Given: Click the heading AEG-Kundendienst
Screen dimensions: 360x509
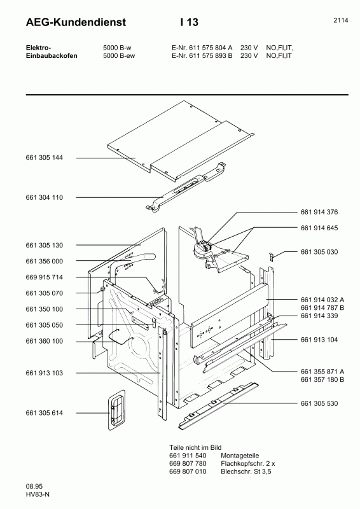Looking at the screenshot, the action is click(76, 22).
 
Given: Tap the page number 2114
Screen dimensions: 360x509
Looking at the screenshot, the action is click(340, 20).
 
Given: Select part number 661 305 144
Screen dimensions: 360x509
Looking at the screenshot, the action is click(44, 158).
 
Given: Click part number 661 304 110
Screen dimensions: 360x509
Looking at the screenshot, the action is click(44, 197).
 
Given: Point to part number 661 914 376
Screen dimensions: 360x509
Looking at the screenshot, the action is click(319, 212).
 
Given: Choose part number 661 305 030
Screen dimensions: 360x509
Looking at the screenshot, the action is click(319, 252).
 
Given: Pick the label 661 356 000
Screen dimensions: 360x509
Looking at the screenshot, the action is click(44, 261).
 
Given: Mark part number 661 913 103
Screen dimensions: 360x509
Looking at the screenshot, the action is click(44, 373).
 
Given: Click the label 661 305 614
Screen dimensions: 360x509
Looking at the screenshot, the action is click(44, 413).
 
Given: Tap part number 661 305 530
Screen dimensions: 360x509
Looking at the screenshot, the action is click(319, 403).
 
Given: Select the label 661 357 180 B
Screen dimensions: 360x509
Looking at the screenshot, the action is click(322, 379).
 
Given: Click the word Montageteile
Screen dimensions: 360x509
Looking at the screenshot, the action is click(240, 456).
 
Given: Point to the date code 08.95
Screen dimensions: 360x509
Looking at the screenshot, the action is click(34, 486).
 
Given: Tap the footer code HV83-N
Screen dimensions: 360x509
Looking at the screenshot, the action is click(38, 494).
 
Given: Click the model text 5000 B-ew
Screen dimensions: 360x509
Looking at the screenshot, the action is click(119, 55).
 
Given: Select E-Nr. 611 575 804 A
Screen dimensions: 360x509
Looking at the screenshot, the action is click(202, 47).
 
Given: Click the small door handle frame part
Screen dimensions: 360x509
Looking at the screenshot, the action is click(116, 410).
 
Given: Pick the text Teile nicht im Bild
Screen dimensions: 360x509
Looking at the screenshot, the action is click(195, 448).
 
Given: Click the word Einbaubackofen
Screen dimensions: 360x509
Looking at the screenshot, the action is click(52, 55).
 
